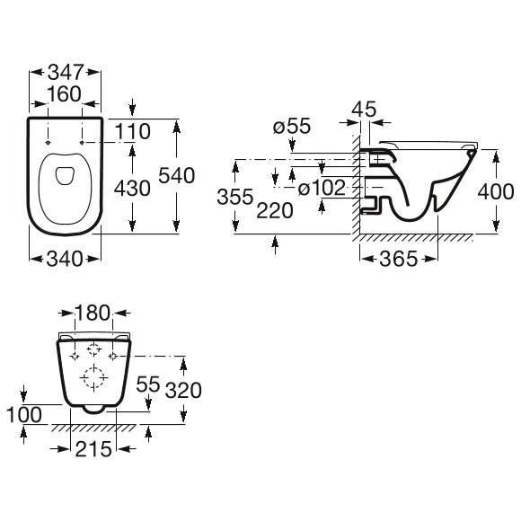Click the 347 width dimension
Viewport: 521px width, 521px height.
tap(65, 72)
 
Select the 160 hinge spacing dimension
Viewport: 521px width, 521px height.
tap(65, 94)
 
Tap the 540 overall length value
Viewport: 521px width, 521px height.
tap(176, 175)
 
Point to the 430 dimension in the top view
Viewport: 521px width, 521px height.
tap(132, 189)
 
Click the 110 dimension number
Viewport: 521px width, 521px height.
tap(133, 131)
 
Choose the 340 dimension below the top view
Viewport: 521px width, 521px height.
tap(64, 259)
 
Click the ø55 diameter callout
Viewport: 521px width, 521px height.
tap(292, 126)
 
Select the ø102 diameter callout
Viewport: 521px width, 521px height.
tap(322, 188)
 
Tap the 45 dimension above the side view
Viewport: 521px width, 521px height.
tap(364, 109)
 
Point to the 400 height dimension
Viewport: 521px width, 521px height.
tap(496, 191)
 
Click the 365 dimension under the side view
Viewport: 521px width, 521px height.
tap(398, 259)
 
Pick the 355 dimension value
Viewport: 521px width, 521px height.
tap(235, 197)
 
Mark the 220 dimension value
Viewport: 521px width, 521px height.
tap(275, 210)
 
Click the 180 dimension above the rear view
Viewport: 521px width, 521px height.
tap(93, 313)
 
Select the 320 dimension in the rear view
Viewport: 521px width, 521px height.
tap(183, 390)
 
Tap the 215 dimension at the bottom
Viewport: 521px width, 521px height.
tap(93, 449)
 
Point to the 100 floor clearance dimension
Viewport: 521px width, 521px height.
tap(24, 414)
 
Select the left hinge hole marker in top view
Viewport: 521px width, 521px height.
tap(49, 143)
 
